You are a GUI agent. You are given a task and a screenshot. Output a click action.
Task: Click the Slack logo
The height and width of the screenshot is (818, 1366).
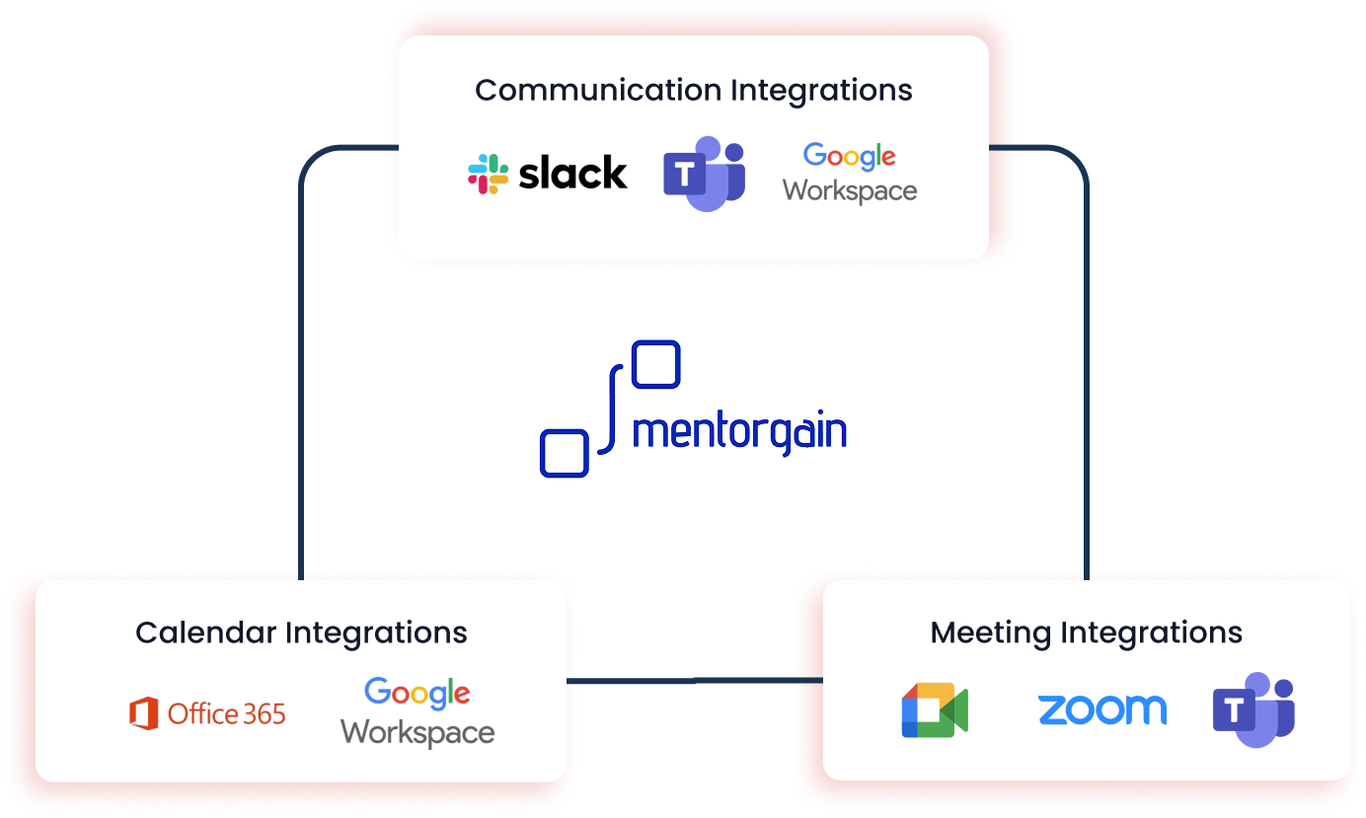tap(547, 174)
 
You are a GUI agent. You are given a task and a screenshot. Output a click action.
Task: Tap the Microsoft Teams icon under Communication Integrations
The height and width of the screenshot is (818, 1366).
tap(704, 174)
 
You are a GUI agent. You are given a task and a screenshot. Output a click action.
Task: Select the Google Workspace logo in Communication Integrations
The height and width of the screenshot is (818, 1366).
tap(850, 173)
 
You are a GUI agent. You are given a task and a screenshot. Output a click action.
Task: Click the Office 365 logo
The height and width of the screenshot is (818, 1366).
tap(207, 713)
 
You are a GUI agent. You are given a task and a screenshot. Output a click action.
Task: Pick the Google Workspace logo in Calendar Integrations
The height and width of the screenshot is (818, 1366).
tap(417, 711)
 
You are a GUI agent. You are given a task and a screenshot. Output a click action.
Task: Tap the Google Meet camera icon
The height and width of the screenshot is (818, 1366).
tap(934, 710)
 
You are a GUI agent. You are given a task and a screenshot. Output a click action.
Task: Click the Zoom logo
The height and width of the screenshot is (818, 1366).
tap(1101, 709)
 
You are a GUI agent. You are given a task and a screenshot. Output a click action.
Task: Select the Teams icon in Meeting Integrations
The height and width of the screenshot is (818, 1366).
tap(1253, 709)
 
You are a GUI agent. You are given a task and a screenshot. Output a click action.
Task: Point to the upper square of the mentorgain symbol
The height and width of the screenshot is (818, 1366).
tap(655, 364)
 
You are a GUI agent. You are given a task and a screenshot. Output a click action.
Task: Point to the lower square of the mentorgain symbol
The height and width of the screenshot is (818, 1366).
tap(565, 454)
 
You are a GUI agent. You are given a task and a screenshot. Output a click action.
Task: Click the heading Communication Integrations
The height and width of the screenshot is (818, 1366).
tap(693, 90)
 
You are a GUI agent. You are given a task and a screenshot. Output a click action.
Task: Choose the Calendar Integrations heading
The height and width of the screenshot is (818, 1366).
tap(301, 632)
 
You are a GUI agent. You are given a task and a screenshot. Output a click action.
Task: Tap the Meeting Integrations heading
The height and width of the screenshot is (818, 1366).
tap(1086, 632)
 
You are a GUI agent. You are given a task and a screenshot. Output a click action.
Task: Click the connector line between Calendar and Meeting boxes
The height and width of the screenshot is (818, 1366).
tap(695, 681)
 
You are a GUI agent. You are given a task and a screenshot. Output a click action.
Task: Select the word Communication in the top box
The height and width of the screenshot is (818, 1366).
tap(598, 90)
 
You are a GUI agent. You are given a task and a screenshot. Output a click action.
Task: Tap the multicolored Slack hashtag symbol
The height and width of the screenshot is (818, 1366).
tap(488, 174)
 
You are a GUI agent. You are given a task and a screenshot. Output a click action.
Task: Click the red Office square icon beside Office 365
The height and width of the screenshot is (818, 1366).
tap(144, 713)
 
